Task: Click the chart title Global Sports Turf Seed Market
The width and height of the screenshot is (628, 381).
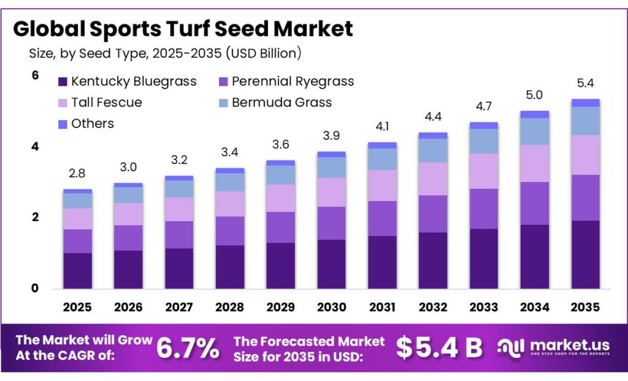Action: [183, 29]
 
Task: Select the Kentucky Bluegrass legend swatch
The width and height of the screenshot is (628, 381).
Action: [63, 81]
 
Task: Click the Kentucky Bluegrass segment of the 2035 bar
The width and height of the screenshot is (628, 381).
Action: [585, 254]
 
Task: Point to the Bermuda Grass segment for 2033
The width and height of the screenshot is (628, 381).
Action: [483, 141]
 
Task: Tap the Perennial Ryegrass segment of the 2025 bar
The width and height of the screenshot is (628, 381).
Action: [77, 241]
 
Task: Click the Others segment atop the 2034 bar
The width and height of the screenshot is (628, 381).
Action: [534, 115]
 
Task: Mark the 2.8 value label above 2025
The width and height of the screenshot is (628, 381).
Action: [77, 173]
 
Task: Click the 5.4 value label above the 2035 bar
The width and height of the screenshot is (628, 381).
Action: [585, 83]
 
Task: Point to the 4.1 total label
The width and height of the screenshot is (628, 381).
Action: [381, 127]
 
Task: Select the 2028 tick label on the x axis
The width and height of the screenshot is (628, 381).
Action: [229, 306]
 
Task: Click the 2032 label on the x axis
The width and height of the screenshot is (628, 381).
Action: [432, 306]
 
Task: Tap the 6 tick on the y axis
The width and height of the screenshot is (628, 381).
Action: [35, 75]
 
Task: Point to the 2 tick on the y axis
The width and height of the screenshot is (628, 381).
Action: [35, 217]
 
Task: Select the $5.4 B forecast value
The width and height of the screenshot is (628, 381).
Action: [439, 347]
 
